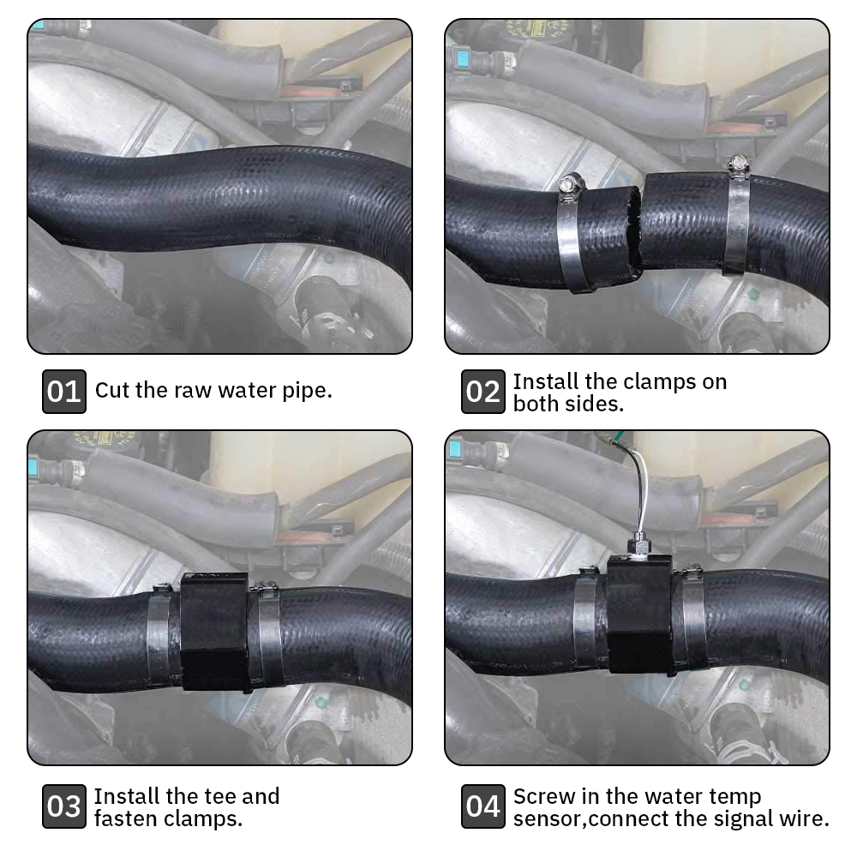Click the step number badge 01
point(64,392)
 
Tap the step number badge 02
point(482,392)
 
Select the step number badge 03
point(64,806)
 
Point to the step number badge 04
point(482,806)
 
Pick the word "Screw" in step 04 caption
point(542,796)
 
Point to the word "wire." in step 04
point(804,818)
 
